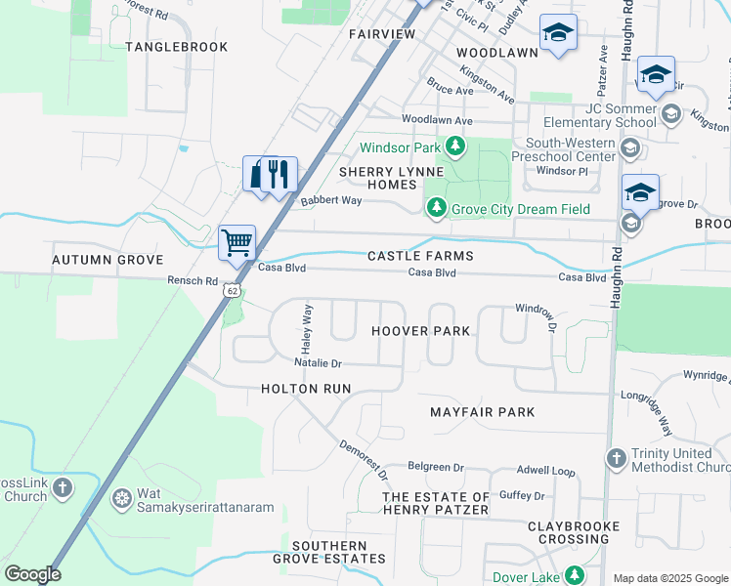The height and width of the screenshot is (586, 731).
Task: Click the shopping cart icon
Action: point(237,241)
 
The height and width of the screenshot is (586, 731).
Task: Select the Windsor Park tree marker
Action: point(454,147)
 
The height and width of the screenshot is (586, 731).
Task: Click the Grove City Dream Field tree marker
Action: point(436,208)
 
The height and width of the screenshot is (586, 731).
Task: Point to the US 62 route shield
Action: point(231,290)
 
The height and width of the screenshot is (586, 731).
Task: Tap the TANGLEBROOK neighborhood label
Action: point(177,47)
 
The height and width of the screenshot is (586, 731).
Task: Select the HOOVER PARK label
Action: point(421,331)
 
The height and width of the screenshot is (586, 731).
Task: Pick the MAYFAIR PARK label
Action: point(483,412)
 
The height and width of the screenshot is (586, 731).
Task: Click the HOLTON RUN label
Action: point(306,389)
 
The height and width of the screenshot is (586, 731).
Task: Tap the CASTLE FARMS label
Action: point(420,256)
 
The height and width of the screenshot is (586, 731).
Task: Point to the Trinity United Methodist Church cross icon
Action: point(616,457)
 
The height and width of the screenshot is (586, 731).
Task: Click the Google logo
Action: point(32,574)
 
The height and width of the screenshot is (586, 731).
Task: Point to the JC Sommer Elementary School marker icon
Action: point(670,115)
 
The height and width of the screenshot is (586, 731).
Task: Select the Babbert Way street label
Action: point(331,200)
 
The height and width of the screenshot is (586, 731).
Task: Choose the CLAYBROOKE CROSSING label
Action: point(574,532)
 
